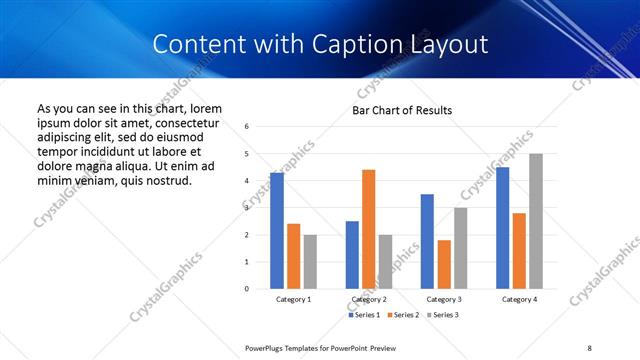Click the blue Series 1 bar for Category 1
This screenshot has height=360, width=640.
coord(277,231)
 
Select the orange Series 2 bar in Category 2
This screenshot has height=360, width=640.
coord(368,229)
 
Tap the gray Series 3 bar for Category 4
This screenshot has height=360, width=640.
coord(536,221)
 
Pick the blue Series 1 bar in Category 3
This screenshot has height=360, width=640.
coord(427,241)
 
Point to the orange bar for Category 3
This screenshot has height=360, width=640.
coord(444,264)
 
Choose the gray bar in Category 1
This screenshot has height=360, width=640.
coord(310,261)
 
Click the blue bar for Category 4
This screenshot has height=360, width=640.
coord(503,228)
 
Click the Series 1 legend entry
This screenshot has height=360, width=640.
coord(366,316)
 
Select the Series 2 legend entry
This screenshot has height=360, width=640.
coord(404,316)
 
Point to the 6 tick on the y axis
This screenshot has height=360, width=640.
coord(247,127)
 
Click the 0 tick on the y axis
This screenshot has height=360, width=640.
coord(247,289)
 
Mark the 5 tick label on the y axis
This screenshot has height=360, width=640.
coord(247,154)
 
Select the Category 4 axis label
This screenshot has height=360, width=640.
coord(519,300)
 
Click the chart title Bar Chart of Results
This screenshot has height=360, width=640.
coord(402,110)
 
